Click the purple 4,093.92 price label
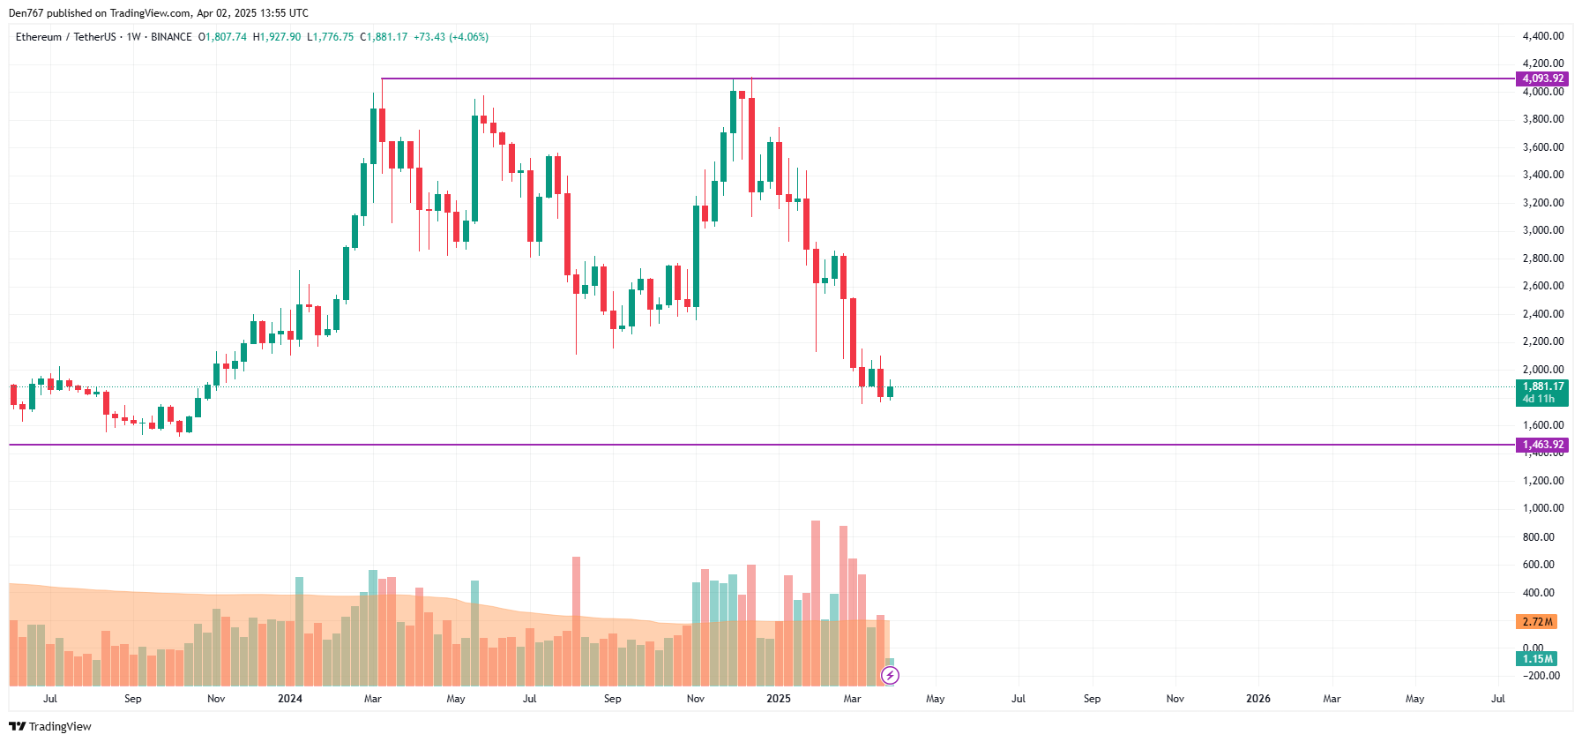(x=1541, y=79)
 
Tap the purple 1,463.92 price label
(x=1541, y=445)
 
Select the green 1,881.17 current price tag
(x=1541, y=386)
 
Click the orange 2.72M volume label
(x=1536, y=622)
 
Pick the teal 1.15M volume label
(x=1536, y=659)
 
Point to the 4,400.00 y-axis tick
(x=1542, y=36)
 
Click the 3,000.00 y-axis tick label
(x=1542, y=230)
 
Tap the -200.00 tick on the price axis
(x=1542, y=676)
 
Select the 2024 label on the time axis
(x=289, y=699)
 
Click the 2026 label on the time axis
(x=1257, y=699)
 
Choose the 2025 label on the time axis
(x=778, y=699)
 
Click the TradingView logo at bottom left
(x=50, y=726)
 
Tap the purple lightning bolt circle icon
(x=891, y=676)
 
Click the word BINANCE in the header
(x=171, y=37)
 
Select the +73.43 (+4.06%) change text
(x=451, y=37)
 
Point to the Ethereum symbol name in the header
(x=39, y=37)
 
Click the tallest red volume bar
(x=816, y=603)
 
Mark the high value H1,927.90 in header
(x=277, y=37)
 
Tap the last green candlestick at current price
(x=890, y=391)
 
